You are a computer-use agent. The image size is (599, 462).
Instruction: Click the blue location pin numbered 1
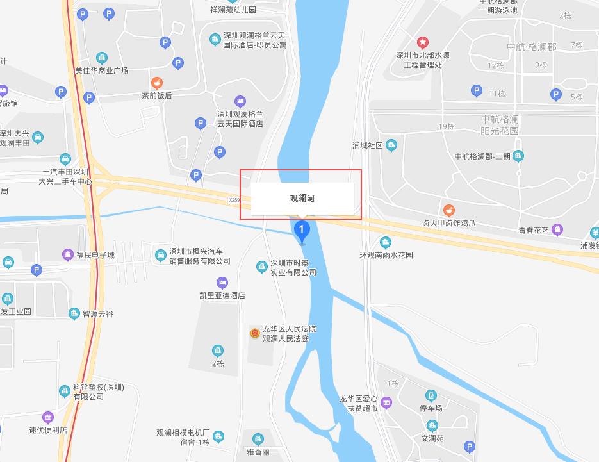coord(301,230)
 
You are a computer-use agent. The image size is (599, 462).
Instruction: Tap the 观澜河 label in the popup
coord(302,199)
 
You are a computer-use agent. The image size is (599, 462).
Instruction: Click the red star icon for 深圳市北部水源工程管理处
coord(422,43)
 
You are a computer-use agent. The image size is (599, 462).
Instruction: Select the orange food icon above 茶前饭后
coord(156,83)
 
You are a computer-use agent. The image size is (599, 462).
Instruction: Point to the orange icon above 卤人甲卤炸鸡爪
coord(449,210)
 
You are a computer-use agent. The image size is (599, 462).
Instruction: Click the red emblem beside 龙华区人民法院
coord(255,333)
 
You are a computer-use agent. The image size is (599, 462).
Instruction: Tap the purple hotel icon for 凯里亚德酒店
coord(222,283)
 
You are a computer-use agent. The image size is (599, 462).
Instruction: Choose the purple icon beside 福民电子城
coord(68,255)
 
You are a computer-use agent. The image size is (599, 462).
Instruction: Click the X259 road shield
coord(234,201)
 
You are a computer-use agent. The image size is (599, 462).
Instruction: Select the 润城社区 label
coord(367,146)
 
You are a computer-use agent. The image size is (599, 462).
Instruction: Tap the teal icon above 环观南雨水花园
coord(385,242)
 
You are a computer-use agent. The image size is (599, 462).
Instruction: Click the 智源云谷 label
coord(97,314)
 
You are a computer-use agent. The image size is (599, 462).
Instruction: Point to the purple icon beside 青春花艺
coord(557,229)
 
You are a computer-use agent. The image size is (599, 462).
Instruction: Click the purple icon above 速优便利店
coord(48,417)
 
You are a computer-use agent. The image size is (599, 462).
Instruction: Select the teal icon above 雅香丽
coord(258,439)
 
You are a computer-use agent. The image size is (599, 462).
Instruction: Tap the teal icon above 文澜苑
coord(432,426)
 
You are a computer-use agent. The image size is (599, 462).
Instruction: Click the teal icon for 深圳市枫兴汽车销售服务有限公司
coord(161,256)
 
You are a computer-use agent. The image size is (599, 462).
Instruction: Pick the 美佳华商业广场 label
coord(101,70)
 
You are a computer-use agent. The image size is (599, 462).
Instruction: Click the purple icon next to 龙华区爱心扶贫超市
coord(386,403)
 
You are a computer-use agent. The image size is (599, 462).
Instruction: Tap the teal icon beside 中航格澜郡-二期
coord(518,156)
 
